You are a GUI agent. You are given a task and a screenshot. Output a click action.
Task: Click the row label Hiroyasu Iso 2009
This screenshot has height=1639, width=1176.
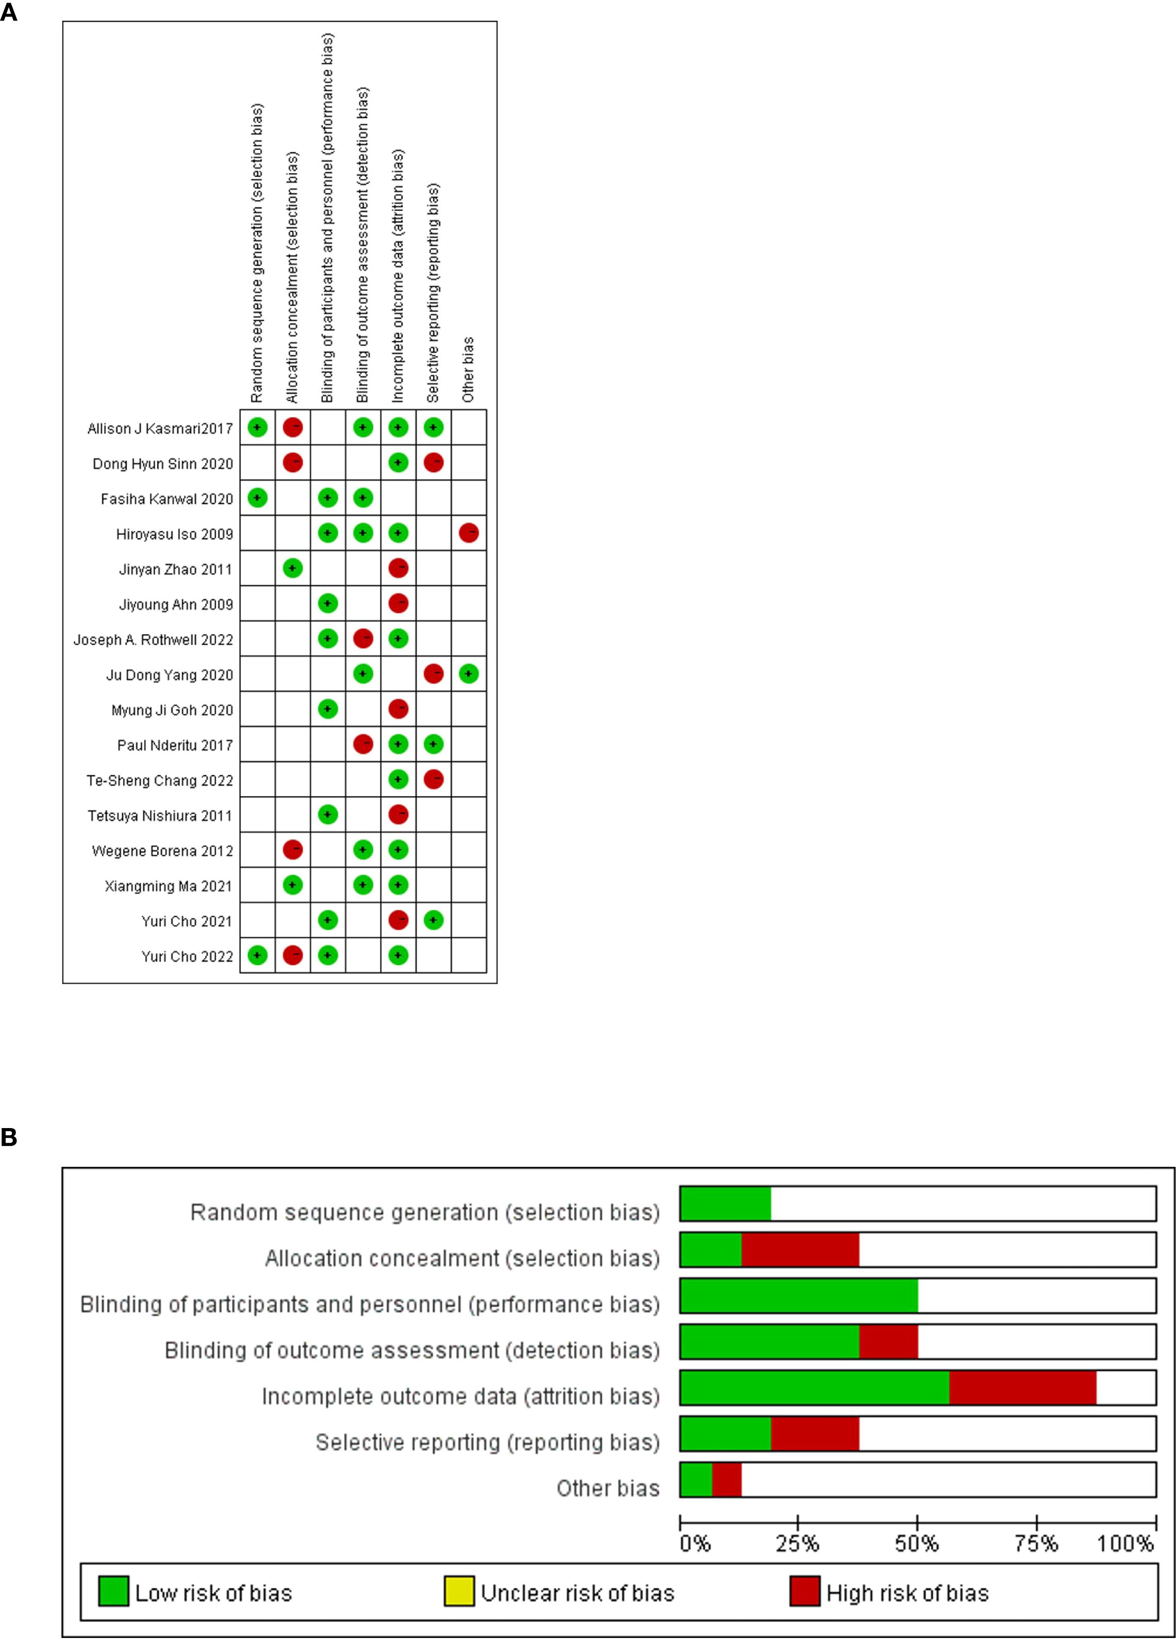coord(174,534)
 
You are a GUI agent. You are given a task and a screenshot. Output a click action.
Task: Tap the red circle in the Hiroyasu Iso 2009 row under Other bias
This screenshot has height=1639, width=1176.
coord(468,533)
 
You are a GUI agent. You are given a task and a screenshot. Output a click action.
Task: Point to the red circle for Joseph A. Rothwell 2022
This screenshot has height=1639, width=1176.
coord(363,639)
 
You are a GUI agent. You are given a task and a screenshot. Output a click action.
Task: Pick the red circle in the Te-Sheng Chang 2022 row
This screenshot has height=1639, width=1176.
coord(433,780)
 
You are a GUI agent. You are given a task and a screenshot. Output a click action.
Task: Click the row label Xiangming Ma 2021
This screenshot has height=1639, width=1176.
coord(169,886)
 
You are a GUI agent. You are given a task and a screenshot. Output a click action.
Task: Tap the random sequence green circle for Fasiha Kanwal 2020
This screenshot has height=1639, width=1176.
coord(257,498)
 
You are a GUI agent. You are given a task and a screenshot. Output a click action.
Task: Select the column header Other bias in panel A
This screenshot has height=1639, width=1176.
coord(468,369)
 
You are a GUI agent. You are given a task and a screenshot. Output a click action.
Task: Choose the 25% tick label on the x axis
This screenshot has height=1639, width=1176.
coord(797,1544)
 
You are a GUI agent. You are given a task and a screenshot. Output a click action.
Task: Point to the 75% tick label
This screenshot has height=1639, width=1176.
coord(1036,1544)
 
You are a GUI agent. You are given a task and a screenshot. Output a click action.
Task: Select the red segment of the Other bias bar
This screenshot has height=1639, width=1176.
coord(726,1479)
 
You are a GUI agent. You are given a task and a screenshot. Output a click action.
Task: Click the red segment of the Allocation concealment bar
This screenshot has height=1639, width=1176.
coord(800,1249)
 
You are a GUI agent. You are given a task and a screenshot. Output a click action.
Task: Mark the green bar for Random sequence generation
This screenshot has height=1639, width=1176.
coord(725,1203)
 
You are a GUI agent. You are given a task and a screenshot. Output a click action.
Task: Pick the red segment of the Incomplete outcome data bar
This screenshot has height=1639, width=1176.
coord(1022,1387)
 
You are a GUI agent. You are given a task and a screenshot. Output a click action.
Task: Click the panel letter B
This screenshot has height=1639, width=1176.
coord(9,1137)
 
